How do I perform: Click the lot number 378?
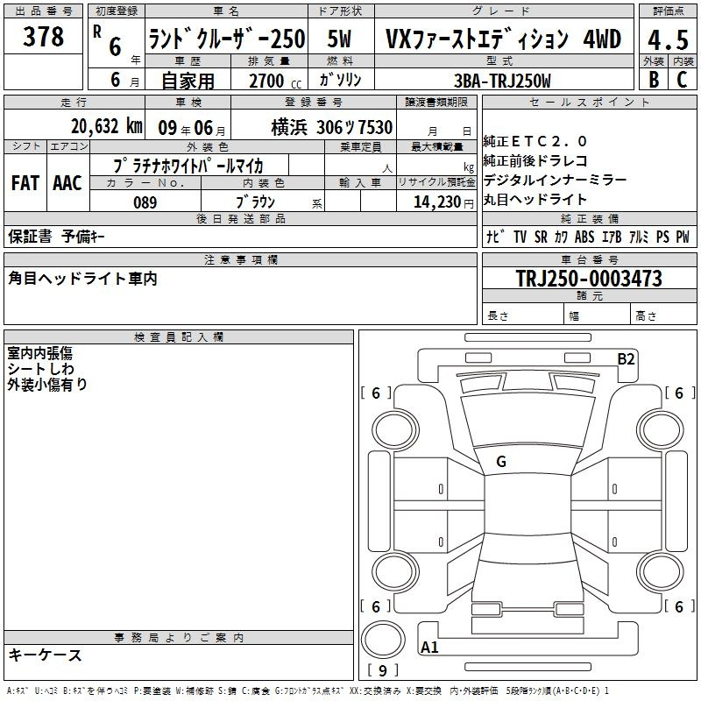tap(43, 37)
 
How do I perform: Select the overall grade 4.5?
tap(668, 40)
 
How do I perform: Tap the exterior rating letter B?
tap(654, 80)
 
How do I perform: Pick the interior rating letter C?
tap(682, 80)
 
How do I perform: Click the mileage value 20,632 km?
tap(106, 126)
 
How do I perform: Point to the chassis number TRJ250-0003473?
tap(589, 279)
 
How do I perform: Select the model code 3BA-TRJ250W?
tap(502, 81)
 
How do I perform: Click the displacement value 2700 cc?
tap(275, 81)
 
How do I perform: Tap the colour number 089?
tap(145, 202)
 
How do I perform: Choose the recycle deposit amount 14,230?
tap(437, 202)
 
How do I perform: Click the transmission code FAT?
tap(25, 183)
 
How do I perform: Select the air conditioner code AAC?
tap(67, 183)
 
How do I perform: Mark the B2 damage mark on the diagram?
tap(626, 359)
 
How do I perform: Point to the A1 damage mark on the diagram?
tap(429, 647)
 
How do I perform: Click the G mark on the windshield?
tap(501, 462)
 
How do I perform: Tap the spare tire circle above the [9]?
tap(383, 641)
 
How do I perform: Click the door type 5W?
tap(339, 39)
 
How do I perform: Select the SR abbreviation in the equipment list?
tap(541, 237)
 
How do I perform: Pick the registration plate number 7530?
tap(374, 127)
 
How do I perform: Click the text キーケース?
tap(45, 655)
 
